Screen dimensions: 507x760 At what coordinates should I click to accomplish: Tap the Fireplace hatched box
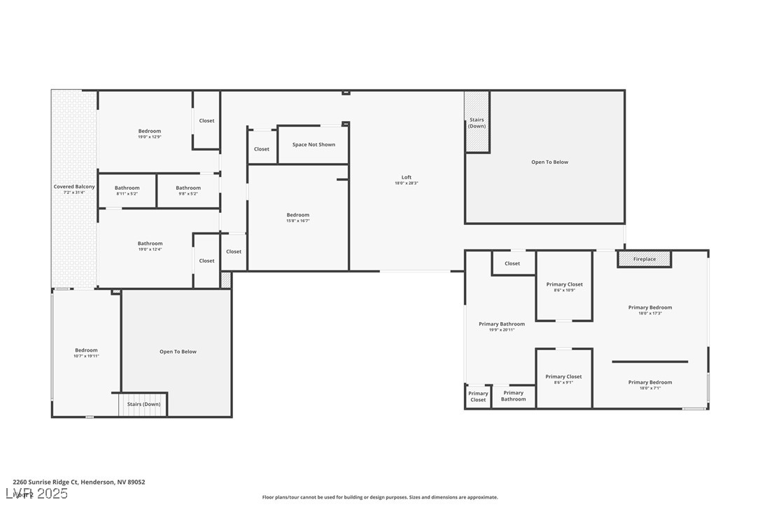pos(644,259)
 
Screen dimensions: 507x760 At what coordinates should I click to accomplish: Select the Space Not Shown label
pos(314,145)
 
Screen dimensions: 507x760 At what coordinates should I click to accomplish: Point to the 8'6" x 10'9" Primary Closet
pos(564,286)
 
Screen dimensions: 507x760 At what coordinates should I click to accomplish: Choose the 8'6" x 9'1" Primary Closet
pos(564,379)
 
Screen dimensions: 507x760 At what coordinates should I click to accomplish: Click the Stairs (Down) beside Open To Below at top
pos(477,123)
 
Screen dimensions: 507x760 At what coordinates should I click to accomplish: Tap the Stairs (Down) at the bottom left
pos(143,404)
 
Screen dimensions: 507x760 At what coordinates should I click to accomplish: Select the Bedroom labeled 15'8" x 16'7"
pos(297,217)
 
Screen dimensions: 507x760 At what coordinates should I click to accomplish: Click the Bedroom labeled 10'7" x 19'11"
pos(87,352)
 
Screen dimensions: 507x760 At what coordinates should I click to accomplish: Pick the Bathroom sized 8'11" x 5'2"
pos(127,190)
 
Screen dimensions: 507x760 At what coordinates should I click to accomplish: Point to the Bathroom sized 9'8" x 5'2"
pos(188,190)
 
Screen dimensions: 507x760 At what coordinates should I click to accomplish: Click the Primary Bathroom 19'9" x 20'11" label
pos(502,326)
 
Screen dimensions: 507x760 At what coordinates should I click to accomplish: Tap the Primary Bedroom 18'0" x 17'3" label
pos(649,310)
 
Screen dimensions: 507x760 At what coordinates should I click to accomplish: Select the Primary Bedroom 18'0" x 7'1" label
pos(649,384)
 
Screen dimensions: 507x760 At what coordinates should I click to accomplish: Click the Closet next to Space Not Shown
pos(262,149)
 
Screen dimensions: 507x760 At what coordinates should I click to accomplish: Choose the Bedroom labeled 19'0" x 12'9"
pos(149,133)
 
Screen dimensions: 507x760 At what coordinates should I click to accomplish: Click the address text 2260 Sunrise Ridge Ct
pos(79,482)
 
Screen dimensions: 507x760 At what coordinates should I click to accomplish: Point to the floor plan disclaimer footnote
pos(380,497)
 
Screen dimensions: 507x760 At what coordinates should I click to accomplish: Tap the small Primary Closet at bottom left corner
pos(478,396)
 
